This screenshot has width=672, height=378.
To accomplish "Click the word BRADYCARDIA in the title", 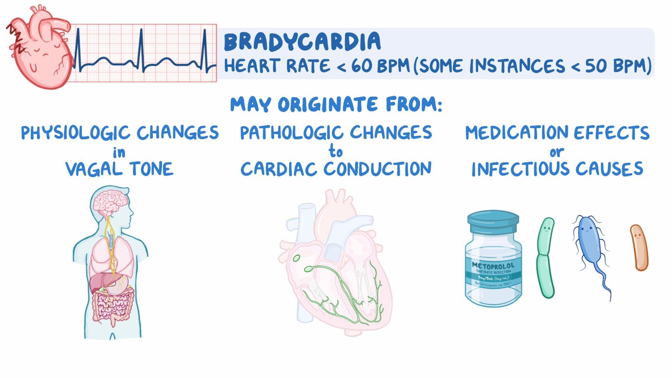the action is click(x=302, y=42).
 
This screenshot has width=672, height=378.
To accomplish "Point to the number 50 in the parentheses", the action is click(x=597, y=66).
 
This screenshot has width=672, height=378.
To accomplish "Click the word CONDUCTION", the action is click(x=378, y=169).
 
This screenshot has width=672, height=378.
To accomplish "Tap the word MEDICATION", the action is click(x=517, y=133).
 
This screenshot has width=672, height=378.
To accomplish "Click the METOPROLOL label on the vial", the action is click(x=493, y=265).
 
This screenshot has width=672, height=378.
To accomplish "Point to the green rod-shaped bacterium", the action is click(x=546, y=258).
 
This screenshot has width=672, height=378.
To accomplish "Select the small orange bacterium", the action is click(x=639, y=248).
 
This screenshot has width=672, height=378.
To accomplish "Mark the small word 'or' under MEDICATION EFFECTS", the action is click(x=557, y=152).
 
